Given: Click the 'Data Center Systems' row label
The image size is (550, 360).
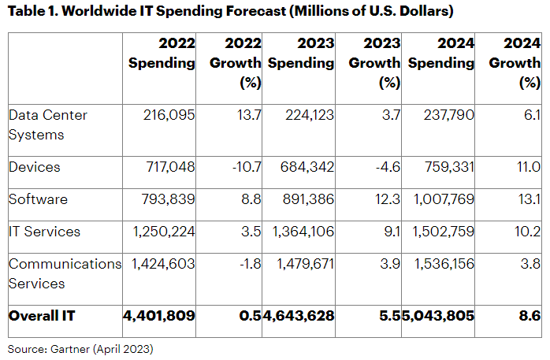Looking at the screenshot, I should coord(47,124).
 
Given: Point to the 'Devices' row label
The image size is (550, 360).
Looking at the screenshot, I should coord(35,166).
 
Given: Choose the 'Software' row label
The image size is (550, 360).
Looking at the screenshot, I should coord(38,199).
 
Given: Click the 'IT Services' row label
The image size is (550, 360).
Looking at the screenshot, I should coord(44,232).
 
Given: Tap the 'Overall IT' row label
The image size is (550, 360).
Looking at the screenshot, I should coord(43,316).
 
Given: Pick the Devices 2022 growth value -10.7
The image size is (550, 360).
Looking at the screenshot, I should coord(240,166).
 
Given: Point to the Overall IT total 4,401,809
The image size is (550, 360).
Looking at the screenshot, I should coord(159,316).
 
